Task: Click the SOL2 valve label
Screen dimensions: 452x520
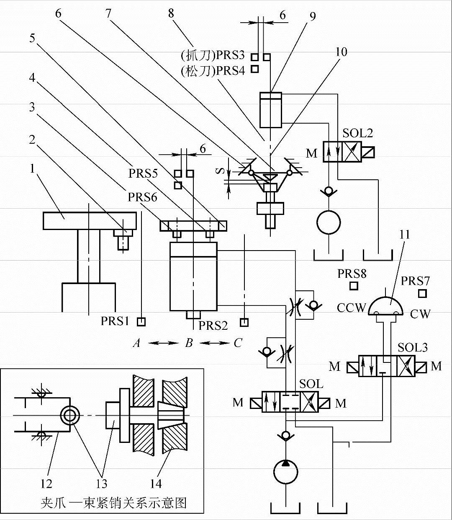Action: click(357, 133)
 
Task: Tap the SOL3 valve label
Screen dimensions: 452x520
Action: click(412, 347)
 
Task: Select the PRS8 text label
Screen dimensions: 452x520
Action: click(352, 274)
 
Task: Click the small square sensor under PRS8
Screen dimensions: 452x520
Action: click(354, 286)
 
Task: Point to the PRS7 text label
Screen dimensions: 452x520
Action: click(415, 281)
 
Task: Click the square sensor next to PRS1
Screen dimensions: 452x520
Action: click(141, 322)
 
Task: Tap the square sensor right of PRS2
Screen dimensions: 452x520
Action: click(244, 323)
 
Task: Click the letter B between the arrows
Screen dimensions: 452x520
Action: click(189, 343)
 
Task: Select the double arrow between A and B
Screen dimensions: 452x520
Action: click(164, 343)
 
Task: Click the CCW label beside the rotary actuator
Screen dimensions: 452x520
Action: click(352, 308)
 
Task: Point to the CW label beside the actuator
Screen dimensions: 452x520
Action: click(420, 314)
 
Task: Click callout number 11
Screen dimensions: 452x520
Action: click(405, 235)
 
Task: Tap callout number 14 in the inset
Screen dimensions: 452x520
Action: click(156, 484)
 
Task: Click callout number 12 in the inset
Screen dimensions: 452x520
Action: click(46, 484)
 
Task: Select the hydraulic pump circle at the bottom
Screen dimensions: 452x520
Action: click(286, 472)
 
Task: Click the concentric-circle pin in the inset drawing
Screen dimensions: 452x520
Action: click(70, 416)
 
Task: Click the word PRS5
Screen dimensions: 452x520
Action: click(143, 173)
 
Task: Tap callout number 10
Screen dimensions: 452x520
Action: click(342, 52)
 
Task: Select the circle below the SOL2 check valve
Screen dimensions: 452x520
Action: click(329, 222)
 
